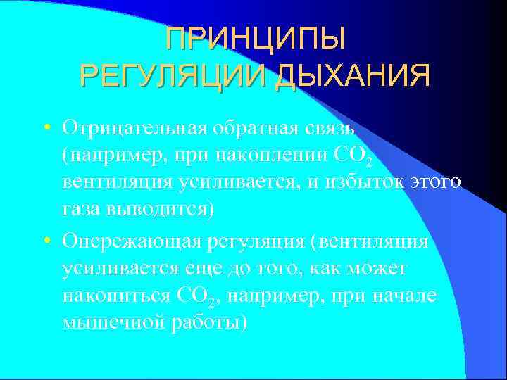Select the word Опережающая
[x=132, y=241]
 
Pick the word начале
[x=409, y=296]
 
